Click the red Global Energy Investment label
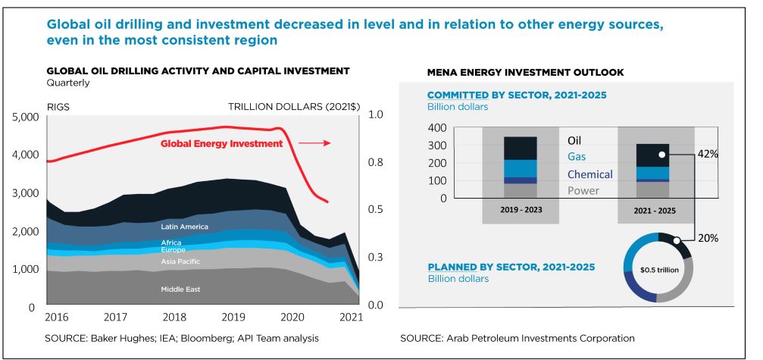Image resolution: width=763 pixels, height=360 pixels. pos(220,142)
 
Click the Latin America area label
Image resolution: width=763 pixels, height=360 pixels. pos(184,227)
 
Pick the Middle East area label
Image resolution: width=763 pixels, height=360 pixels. pos(180,290)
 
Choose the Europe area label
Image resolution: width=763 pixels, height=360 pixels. pos(173,250)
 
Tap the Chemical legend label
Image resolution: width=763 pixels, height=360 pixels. pos(589,174)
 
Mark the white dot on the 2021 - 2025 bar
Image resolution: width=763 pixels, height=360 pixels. pos(661,154)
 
